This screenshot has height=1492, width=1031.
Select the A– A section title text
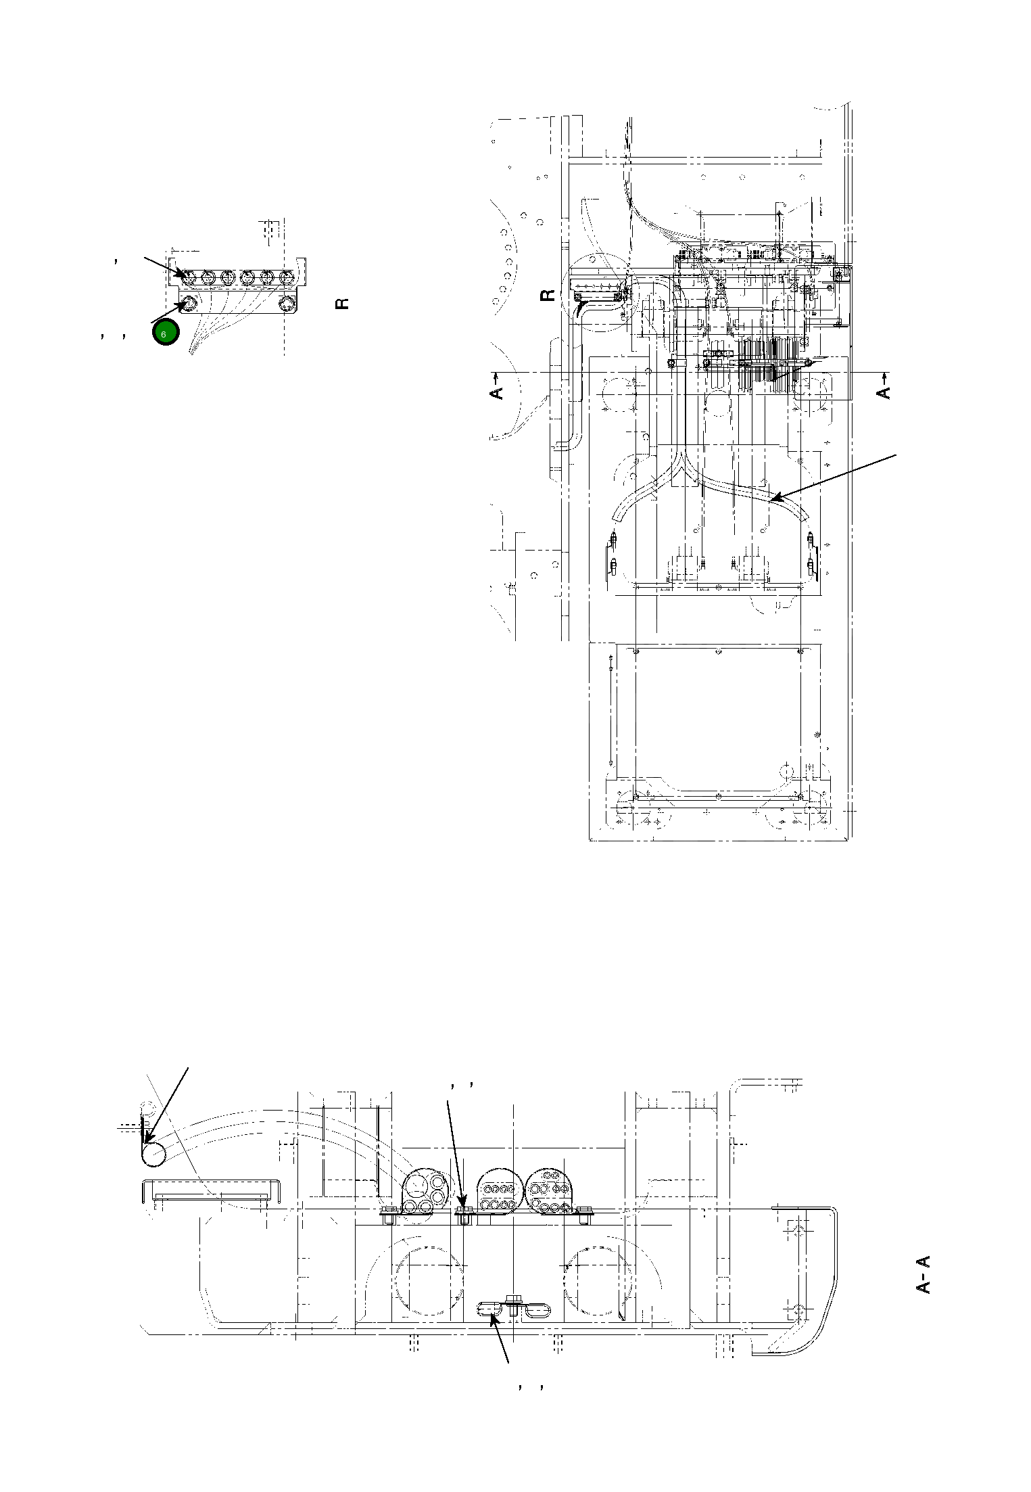coord(924,1274)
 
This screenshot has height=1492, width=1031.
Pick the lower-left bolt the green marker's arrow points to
coord(189,303)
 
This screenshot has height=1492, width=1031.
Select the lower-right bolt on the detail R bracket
coord(287,303)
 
